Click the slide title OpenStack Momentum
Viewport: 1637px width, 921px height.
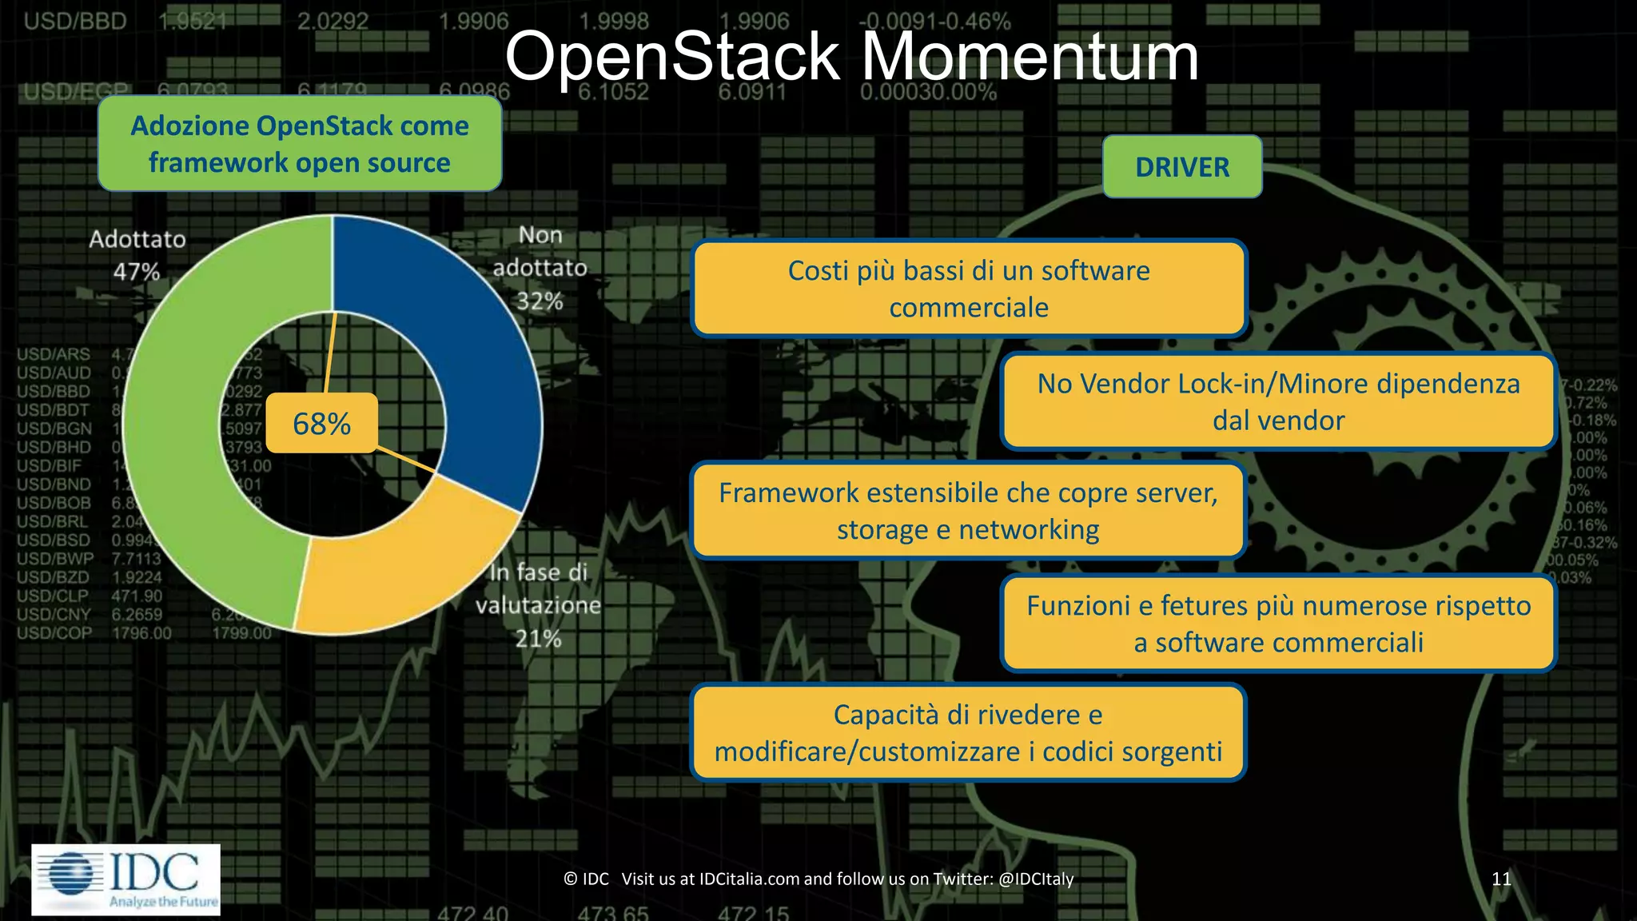(x=851, y=58)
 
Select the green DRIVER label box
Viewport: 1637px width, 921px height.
(x=1182, y=167)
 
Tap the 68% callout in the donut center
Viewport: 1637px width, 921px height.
(x=321, y=424)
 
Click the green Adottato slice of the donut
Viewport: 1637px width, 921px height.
(x=184, y=448)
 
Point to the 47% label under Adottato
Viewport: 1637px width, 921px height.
(x=137, y=272)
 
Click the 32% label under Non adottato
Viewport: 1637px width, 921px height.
(x=540, y=301)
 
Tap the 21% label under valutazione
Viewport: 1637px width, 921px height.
(x=538, y=639)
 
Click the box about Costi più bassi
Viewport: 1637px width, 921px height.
(x=969, y=289)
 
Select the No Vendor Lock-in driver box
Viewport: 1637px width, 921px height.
(x=1278, y=401)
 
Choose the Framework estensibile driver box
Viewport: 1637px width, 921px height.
(x=968, y=511)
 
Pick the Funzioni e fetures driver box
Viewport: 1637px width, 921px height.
(x=1278, y=624)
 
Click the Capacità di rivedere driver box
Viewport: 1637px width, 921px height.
(x=968, y=732)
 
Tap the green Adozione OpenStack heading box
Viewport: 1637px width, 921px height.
(x=300, y=144)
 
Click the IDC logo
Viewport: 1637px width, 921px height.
(x=126, y=879)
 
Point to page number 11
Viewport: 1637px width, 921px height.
(x=1501, y=879)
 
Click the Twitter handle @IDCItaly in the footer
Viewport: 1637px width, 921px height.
(x=1036, y=879)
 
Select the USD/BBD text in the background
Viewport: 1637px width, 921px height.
(x=75, y=22)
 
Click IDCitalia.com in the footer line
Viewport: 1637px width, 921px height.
(x=749, y=879)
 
